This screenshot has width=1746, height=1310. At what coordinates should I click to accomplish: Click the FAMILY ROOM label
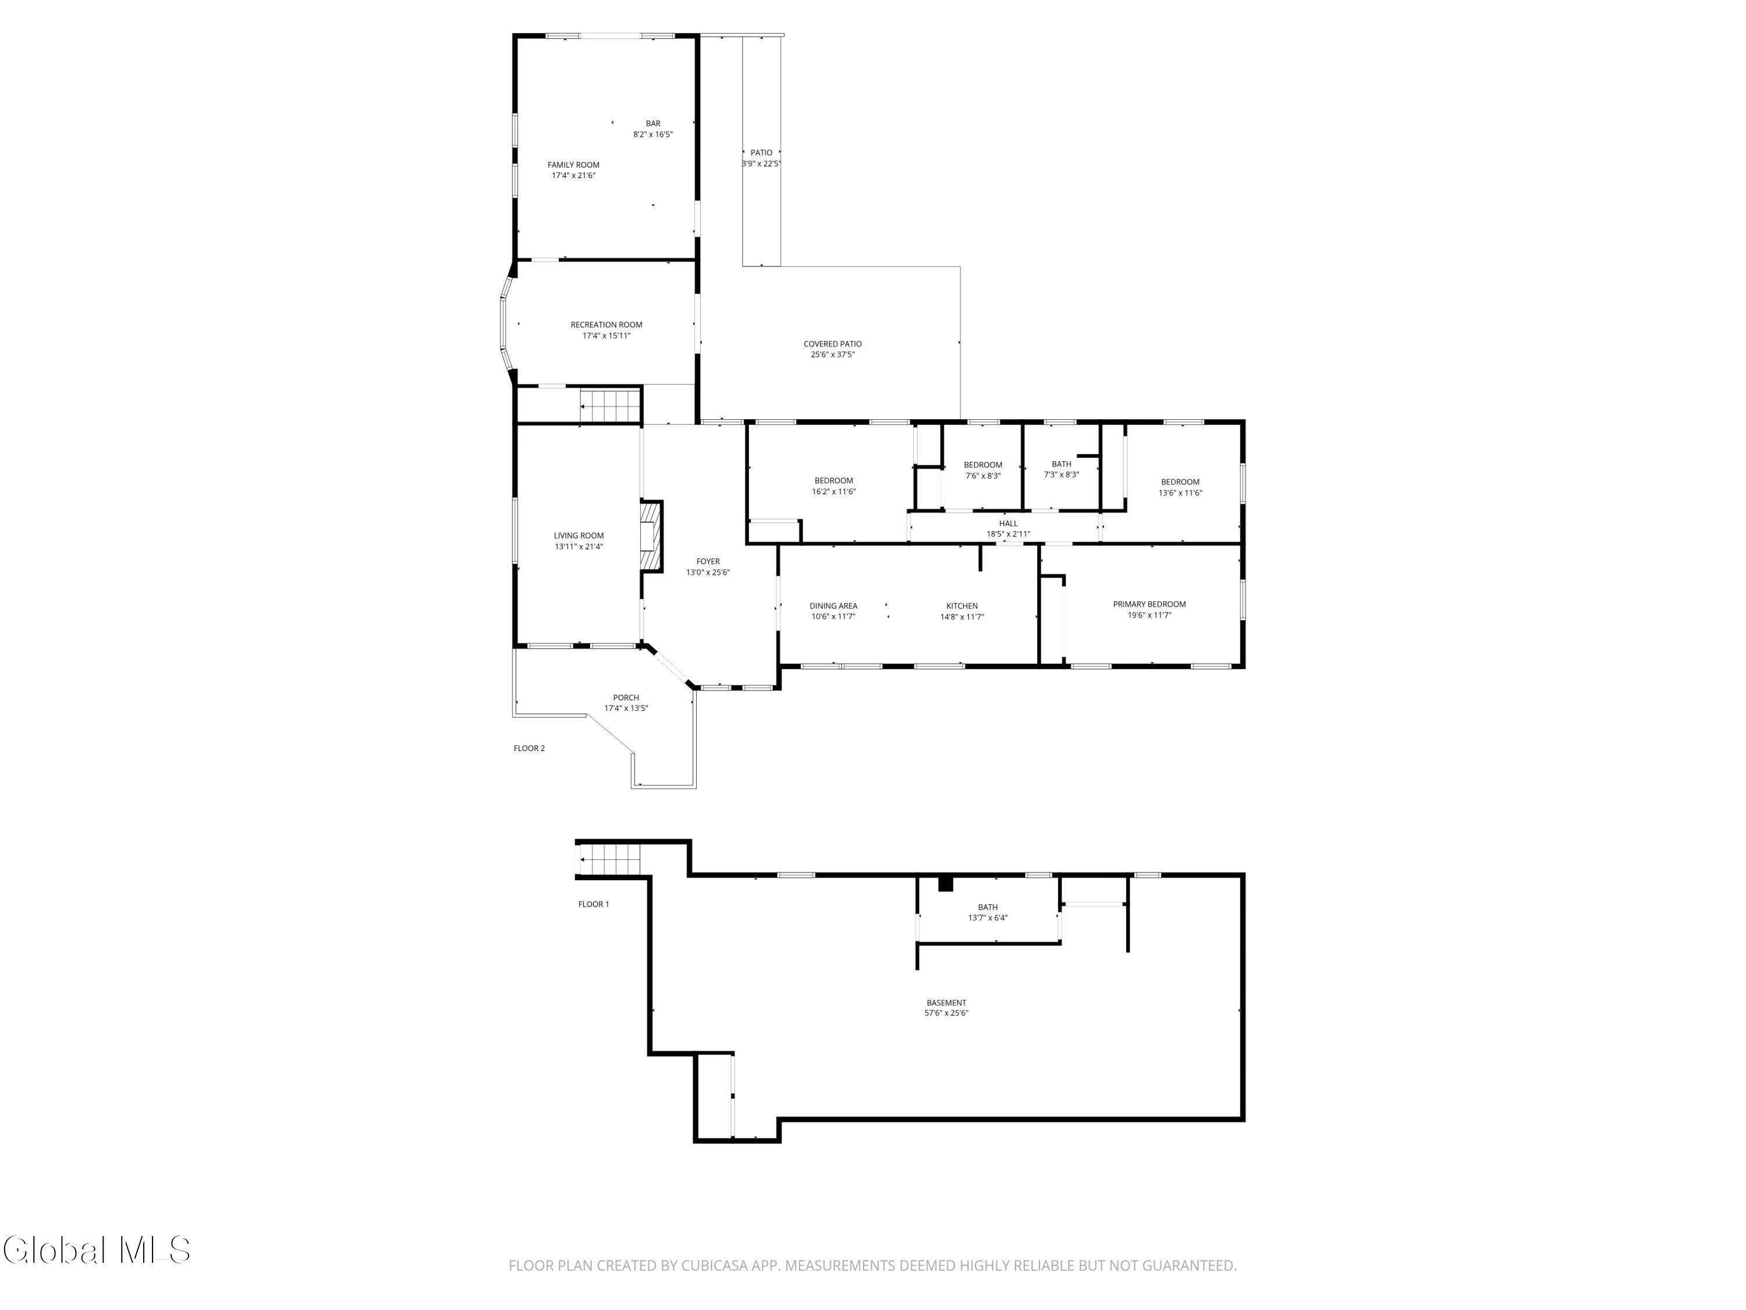tap(573, 165)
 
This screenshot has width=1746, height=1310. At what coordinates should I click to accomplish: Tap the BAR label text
tap(653, 123)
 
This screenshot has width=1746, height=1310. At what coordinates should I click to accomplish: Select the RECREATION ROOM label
tap(606, 324)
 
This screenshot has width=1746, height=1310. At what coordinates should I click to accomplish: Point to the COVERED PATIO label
tap(833, 344)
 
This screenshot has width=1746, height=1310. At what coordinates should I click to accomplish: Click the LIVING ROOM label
tap(579, 536)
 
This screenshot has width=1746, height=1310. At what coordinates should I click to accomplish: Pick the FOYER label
tap(708, 561)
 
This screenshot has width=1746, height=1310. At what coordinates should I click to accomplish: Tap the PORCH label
tap(626, 698)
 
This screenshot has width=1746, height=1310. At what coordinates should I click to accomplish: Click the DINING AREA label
tap(833, 606)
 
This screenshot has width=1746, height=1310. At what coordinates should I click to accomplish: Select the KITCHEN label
tap(962, 606)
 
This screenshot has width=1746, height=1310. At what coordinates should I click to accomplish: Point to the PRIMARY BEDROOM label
tap(1149, 604)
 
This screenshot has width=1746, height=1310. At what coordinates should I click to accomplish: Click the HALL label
tap(1008, 523)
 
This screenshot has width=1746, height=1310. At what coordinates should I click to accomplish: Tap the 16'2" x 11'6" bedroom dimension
tap(833, 491)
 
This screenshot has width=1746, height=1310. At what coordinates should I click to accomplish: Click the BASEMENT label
tap(946, 1003)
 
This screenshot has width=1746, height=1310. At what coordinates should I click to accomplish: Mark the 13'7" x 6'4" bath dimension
tap(988, 918)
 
